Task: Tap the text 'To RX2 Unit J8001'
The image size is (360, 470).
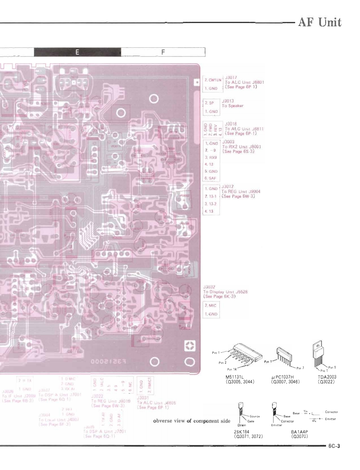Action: coord(238,147)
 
